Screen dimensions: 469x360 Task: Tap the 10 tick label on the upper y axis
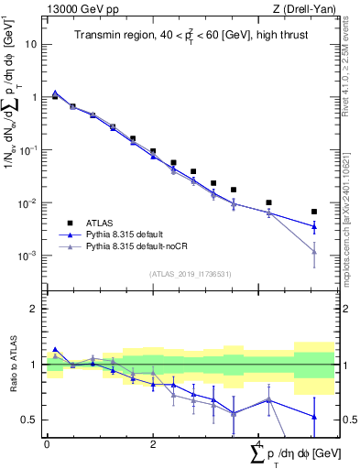point(29,44)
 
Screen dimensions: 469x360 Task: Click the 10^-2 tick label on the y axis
point(27,203)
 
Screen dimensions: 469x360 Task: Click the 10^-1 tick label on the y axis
point(27,150)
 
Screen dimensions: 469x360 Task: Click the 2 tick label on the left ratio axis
point(35,309)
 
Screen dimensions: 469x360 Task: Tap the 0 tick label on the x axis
point(47,442)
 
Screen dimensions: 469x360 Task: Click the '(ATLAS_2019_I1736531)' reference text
point(191,274)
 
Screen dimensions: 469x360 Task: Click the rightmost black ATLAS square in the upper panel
point(314,212)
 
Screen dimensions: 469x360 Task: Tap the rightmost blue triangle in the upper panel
point(314,226)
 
